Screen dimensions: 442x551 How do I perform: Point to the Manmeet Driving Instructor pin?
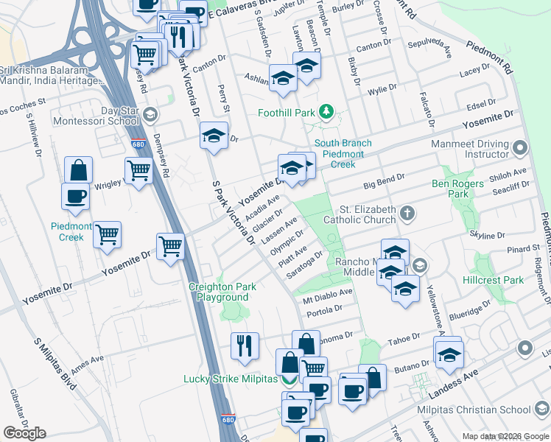tap(521, 149)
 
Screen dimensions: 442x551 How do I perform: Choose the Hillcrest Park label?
tap(498, 281)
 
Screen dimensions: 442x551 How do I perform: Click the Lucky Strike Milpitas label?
tap(230, 379)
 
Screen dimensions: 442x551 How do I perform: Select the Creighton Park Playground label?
tap(222, 292)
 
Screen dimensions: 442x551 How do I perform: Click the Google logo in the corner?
tap(25, 433)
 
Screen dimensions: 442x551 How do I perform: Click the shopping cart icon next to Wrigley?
tap(138, 170)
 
